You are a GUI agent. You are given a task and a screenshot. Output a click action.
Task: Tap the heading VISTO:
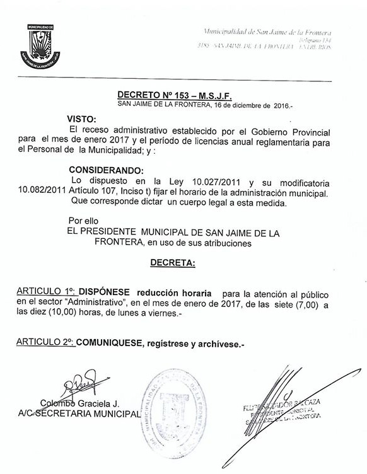83,118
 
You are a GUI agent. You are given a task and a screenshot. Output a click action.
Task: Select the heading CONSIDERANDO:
107,170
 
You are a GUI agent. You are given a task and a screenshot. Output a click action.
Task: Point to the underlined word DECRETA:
172,262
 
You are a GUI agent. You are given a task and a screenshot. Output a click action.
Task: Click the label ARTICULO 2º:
45,343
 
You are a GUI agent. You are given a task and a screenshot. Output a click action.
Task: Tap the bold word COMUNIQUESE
110,343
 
